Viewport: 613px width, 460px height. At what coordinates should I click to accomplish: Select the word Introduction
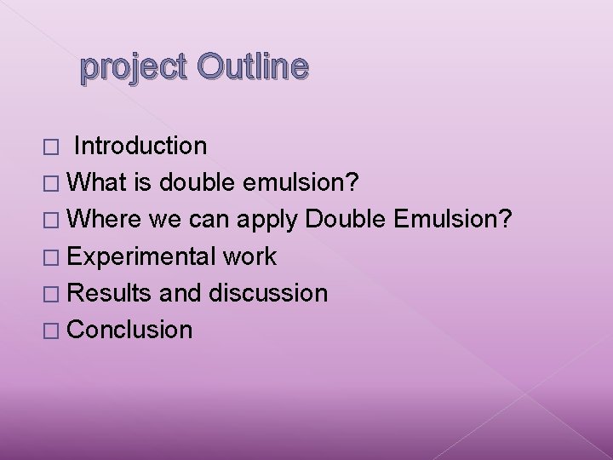click(x=140, y=146)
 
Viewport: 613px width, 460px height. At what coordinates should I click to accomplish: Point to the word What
click(x=95, y=182)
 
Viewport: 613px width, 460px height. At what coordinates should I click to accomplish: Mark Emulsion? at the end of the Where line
click(x=454, y=219)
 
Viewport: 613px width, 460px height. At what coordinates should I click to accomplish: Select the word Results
click(x=109, y=293)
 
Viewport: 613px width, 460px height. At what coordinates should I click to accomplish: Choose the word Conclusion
click(x=129, y=330)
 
